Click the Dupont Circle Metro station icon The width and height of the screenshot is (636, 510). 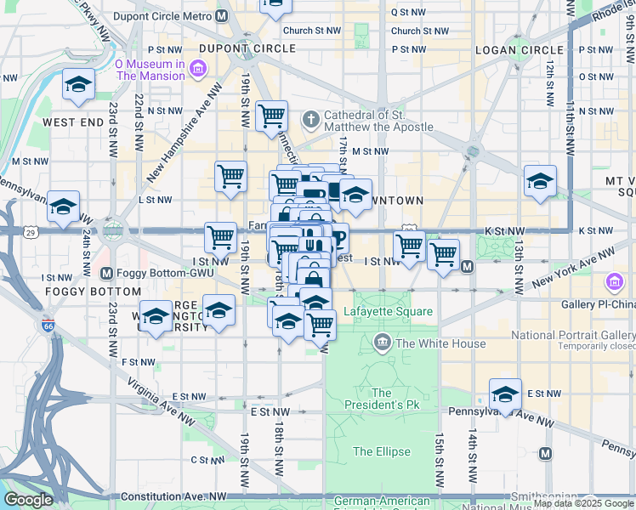[222, 15]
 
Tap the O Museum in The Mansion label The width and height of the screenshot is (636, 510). [150, 70]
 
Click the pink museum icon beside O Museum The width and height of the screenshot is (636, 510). [198, 69]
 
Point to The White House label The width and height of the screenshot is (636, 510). [440, 343]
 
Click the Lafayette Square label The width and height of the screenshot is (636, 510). [388, 312]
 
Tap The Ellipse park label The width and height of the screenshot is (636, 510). [382, 451]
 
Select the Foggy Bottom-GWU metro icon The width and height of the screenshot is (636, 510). [106, 273]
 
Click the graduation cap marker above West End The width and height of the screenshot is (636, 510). [78, 85]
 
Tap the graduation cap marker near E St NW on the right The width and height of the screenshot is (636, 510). [505, 394]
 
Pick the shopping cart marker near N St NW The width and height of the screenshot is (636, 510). [271, 116]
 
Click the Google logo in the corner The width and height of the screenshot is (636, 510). [28, 500]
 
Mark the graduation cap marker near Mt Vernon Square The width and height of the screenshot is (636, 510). [539, 181]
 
